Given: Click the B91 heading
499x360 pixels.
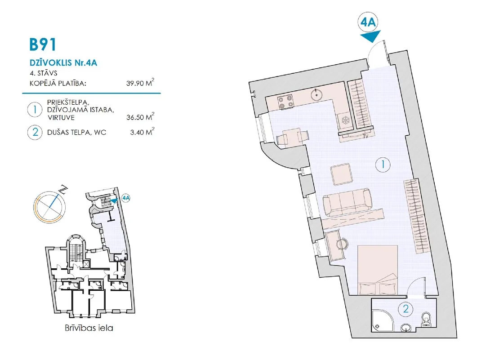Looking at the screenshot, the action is [x=43, y=44].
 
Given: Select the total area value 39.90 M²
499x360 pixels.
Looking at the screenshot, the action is [x=140, y=83].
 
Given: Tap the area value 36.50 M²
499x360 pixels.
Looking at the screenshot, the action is [x=140, y=117].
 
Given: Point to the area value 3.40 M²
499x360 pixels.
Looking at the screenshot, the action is [x=142, y=132].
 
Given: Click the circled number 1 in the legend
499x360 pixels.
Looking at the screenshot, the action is [x=35, y=110].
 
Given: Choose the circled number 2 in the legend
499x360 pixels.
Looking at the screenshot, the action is [x=35, y=132].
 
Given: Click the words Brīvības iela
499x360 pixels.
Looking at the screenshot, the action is [x=89, y=328].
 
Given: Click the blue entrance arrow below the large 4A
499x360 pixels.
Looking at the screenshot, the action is [x=371, y=36].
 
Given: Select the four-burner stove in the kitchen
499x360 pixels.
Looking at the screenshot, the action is [x=285, y=102].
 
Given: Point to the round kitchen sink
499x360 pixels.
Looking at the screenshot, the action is [x=316, y=94].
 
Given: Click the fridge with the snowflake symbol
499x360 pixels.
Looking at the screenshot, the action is [x=345, y=120].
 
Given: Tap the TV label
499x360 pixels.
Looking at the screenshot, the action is [x=365, y=136].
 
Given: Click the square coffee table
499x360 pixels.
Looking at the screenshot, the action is [x=342, y=174].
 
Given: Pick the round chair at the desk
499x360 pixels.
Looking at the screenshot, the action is [x=342, y=244].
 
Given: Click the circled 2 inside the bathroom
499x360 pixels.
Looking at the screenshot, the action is [x=405, y=309].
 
